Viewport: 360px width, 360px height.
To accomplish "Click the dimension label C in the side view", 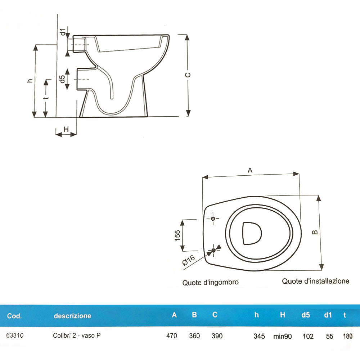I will (188, 75).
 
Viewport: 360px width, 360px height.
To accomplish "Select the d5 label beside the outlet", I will (62, 79).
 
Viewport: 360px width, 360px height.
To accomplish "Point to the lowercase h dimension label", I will (30, 81).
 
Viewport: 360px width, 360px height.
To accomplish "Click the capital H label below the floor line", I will (66, 129).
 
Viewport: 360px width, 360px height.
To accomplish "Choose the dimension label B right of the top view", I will (315, 233).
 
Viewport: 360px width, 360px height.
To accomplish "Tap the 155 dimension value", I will (177, 235).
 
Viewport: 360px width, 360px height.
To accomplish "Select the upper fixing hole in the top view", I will (213, 219).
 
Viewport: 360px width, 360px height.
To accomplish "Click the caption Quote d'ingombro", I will (210, 283).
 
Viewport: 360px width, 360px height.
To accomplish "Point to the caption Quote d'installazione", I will (315, 281).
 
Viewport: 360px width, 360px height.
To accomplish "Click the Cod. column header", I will (14, 316).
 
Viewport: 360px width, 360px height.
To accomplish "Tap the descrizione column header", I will (72, 316).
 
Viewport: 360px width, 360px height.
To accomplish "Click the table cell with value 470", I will (172, 336).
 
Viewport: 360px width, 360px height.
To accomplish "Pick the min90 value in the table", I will (282, 336).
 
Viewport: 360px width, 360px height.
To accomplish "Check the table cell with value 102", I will (307, 336).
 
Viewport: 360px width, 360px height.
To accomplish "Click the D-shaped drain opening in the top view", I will (252, 233).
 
